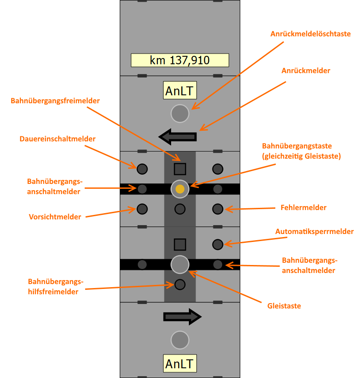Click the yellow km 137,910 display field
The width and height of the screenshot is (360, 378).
tap(180, 60)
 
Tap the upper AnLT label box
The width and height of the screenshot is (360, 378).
tap(180, 91)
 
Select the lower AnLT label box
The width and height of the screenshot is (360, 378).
tap(180, 364)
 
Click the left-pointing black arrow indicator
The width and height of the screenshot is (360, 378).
tap(177, 136)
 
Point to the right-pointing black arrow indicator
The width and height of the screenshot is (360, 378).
tap(182, 316)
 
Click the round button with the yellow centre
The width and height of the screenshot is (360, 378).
tap(180, 189)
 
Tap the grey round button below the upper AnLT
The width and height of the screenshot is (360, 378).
tap(180, 113)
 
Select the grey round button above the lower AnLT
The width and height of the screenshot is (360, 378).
tap(180, 340)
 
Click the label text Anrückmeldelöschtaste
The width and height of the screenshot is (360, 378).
tap(310, 34)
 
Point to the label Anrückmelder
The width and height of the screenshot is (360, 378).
tap(306, 71)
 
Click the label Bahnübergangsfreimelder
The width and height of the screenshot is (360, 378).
tap(55, 101)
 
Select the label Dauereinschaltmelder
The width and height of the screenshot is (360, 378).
tap(58, 139)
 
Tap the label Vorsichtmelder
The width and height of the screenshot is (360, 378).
tap(55, 217)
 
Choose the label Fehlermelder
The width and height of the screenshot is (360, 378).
tap(303, 207)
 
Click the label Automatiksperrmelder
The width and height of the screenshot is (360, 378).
tap(314, 232)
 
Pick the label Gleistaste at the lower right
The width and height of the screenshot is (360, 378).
tap(284, 306)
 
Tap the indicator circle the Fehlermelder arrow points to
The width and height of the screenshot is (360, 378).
tap(217, 208)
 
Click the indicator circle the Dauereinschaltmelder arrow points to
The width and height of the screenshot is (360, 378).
tap(142, 169)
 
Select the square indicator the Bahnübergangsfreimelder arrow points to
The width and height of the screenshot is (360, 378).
tap(180, 169)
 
